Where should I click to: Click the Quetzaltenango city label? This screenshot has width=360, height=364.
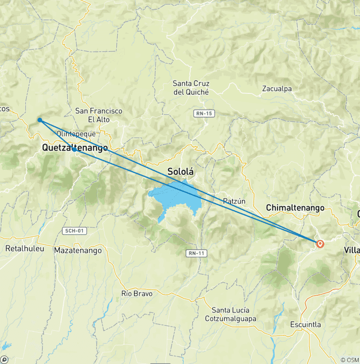75,148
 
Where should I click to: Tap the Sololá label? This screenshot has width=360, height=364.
180,172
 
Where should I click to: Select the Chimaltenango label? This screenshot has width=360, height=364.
295,207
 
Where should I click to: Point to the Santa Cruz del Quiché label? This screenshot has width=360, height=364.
191,88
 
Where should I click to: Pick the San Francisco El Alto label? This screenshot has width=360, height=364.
99,115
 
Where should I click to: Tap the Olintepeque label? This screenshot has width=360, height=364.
75,134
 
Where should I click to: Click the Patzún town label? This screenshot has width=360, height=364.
234,201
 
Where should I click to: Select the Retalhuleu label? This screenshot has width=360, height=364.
24,248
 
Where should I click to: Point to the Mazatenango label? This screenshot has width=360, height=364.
78,250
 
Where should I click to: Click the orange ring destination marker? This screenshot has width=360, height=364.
320,243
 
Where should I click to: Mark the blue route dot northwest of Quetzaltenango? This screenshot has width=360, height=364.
40,120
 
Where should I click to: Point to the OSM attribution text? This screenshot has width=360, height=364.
350,360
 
